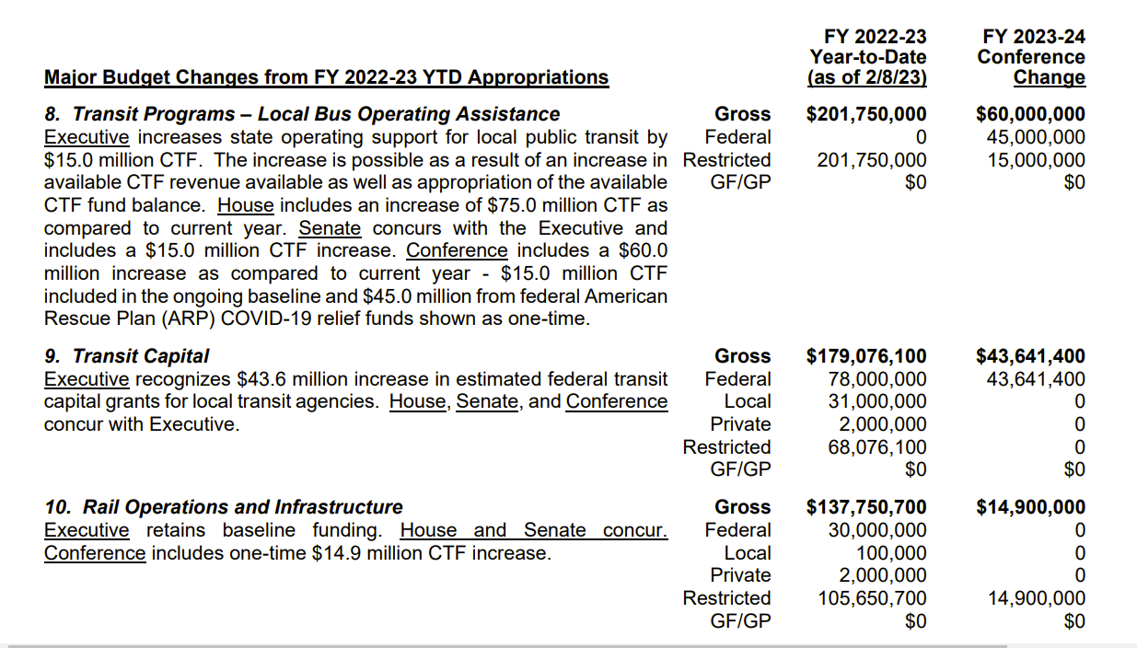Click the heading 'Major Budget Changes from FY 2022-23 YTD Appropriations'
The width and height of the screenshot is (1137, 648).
326,77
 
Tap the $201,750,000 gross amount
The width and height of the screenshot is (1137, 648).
866,114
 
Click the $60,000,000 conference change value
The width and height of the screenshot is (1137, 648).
1030,114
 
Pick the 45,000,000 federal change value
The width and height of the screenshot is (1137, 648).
1035,137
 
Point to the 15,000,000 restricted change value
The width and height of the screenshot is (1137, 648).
1035,160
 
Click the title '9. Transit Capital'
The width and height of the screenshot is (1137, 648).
127,356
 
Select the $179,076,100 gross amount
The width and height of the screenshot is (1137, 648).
866,356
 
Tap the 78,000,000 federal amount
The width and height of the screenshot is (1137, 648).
877,379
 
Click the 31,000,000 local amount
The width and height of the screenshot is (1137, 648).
877,401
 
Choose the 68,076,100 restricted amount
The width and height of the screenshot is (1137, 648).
877,447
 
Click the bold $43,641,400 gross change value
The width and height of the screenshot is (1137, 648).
1030,356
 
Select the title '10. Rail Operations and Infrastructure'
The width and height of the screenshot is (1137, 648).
224,507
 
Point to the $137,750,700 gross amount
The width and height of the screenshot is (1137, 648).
866,507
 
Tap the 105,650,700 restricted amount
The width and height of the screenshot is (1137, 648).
872,598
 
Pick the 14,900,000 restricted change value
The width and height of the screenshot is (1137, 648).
1035,598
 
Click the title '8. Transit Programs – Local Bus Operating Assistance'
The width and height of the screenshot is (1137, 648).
302,114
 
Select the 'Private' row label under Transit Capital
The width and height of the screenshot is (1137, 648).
740,424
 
